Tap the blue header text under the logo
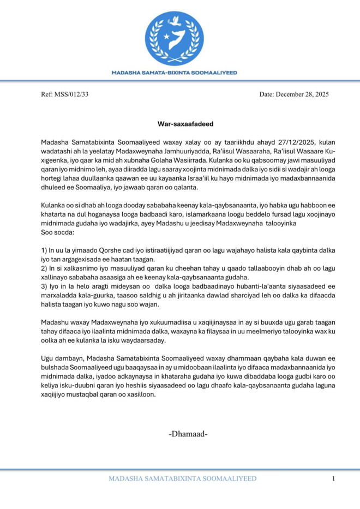pos(174,72)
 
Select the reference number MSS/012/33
pos(71,94)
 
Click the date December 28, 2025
pos(302,94)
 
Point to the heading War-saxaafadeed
pos(179,124)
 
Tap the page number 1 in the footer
pos(333,479)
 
